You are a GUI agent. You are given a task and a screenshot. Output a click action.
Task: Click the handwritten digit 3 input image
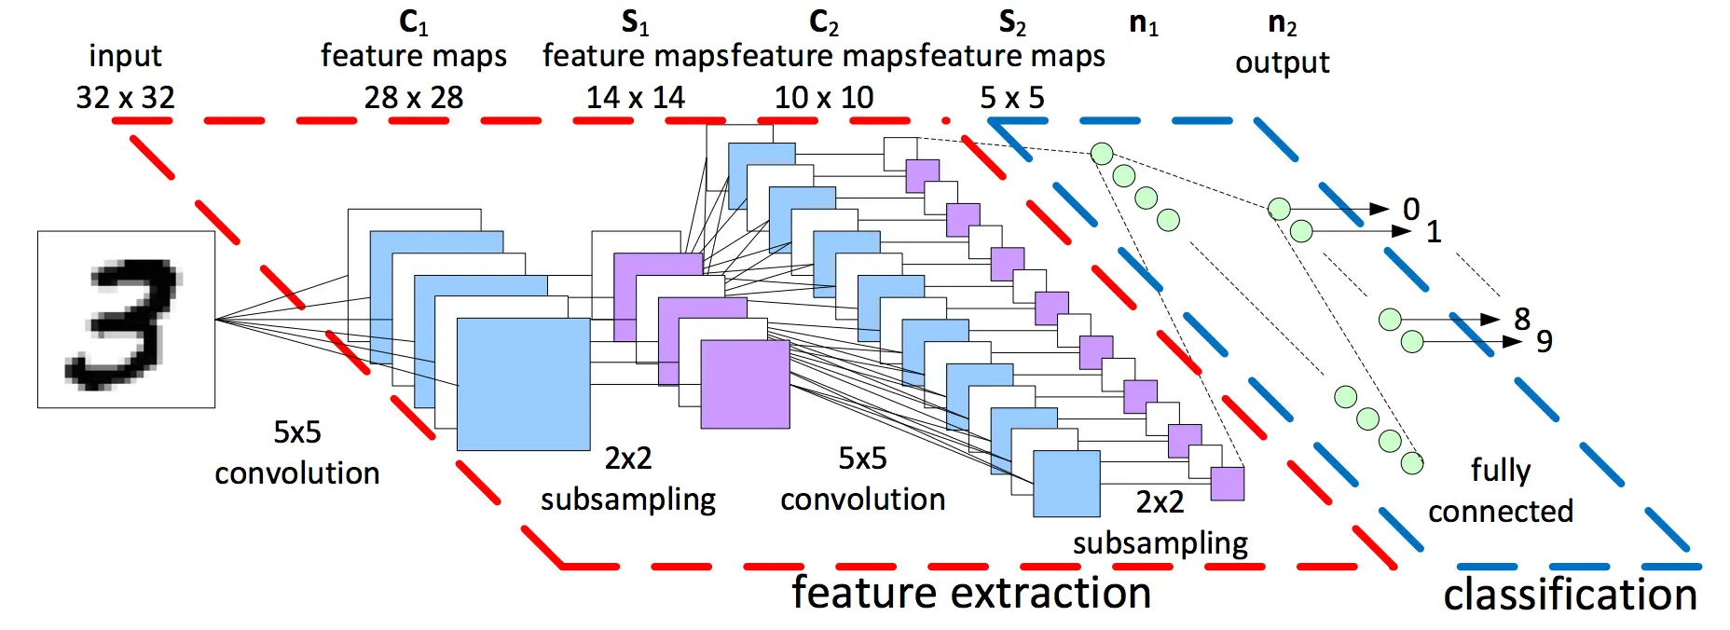pyautogui.click(x=126, y=320)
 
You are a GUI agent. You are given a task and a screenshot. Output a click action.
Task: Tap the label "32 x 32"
pyautogui.click(x=125, y=97)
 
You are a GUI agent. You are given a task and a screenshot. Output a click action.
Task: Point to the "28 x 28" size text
pyautogui.click(x=413, y=97)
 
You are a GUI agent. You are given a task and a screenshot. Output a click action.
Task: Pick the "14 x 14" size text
pyautogui.click(x=635, y=97)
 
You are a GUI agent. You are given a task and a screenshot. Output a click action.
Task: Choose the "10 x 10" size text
pyautogui.click(x=824, y=97)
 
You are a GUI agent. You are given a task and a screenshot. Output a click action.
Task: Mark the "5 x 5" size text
pyautogui.click(x=1011, y=97)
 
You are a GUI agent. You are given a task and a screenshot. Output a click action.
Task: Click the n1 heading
pyautogui.click(x=1143, y=22)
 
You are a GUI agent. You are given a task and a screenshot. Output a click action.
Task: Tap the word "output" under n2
pyautogui.click(x=1282, y=62)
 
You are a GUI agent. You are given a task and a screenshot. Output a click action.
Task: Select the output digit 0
pyautogui.click(x=1411, y=209)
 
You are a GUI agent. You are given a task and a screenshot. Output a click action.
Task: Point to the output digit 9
pyautogui.click(x=1544, y=342)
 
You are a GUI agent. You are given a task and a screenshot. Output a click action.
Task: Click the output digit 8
pyautogui.click(x=1521, y=319)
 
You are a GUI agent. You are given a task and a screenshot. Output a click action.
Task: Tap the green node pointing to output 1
pyautogui.click(x=1301, y=230)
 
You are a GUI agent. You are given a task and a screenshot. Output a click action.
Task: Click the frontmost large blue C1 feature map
pyautogui.click(x=523, y=384)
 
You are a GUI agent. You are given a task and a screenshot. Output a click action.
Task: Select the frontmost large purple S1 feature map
pyautogui.click(x=745, y=384)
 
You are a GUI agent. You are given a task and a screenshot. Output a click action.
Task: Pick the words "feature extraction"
pyautogui.click(x=971, y=593)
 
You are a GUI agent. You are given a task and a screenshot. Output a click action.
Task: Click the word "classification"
pyautogui.click(x=1570, y=595)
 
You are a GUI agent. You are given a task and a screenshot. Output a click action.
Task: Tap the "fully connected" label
pyautogui.click(x=1500, y=490)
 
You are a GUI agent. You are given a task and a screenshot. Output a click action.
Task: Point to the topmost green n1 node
pyautogui.click(x=1102, y=154)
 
